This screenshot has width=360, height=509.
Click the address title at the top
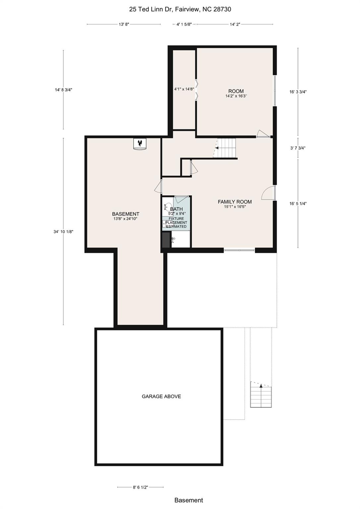[180, 9]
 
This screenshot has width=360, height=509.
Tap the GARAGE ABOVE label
[161, 396]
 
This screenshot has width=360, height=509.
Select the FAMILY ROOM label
[234, 202]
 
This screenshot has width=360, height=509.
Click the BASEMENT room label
[125, 214]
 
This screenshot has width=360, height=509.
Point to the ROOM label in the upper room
[236, 91]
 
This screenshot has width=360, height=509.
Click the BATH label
[176, 209]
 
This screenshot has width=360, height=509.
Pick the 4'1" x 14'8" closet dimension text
[184, 89]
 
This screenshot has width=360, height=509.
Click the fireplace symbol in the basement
[140, 143]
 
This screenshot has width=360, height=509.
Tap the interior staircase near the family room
[226, 148]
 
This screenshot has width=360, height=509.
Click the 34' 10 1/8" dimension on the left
[63, 232]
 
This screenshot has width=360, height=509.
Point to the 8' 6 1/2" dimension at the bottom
[140, 487]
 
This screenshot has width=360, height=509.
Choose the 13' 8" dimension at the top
[124, 24]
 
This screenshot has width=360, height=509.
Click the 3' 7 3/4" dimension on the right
[297, 148]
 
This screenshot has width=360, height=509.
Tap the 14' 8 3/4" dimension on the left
[63, 90]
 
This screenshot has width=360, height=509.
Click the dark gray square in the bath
[165, 240]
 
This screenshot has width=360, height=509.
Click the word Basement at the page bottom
[189, 500]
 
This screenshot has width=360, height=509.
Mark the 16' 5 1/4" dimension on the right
[297, 204]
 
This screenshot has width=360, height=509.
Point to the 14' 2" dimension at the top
[235, 24]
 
